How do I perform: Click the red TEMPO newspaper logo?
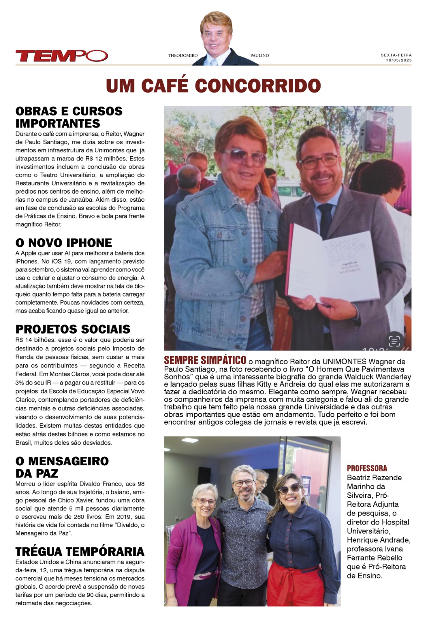click(x=61, y=56)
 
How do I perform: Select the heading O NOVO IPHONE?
click(x=64, y=243)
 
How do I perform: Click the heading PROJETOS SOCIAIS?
click(x=73, y=329)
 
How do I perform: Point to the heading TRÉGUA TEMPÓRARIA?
click(x=80, y=552)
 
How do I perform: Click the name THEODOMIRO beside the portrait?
click(x=183, y=56)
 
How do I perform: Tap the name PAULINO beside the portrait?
click(x=260, y=56)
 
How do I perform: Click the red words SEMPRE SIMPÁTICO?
click(x=205, y=360)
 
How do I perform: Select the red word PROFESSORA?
click(x=367, y=468)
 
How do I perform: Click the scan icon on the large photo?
click(x=394, y=341)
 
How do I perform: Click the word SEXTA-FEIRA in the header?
click(x=396, y=55)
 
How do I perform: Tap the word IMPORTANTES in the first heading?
click(x=58, y=124)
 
